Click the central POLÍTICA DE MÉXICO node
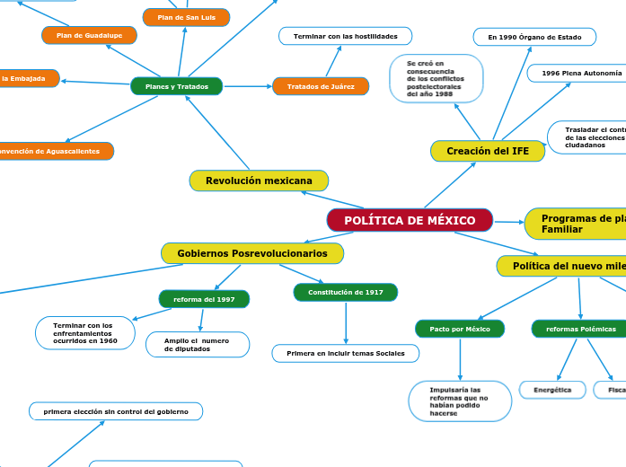pos(410,220)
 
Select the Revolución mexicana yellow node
pos(259,181)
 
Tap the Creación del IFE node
pos(488,151)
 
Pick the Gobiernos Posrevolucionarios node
pos(252,253)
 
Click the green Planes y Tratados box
pos(176,86)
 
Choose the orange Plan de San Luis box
pos(186,17)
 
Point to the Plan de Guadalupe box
pos(89,35)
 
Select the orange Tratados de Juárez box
pos(321,86)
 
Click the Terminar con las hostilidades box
pos(345,36)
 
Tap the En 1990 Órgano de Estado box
pos(534,37)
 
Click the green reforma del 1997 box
pos(204,299)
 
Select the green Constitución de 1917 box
pos(346,292)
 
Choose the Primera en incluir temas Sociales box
pos(346,353)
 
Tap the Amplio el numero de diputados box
pos(197,344)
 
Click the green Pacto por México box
pos(460,329)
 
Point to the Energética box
pos(552,390)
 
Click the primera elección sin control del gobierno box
pos(116,411)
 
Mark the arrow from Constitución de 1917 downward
pos(346,322)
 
